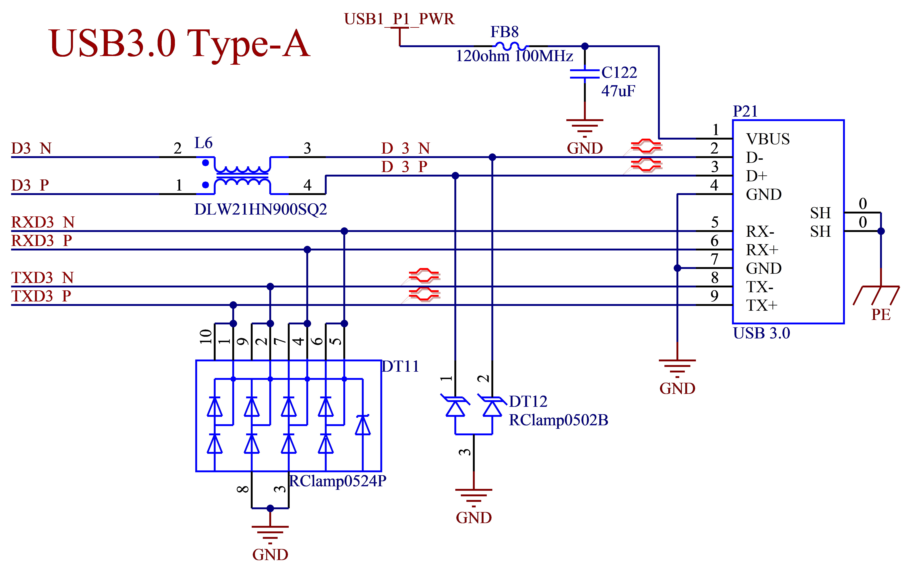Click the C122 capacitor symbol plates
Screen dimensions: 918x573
click(x=585, y=74)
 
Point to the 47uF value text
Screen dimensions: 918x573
click(x=618, y=91)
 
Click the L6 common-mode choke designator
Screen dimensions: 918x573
click(x=203, y=143)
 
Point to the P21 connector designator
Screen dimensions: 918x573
click(x=745, y=111)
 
